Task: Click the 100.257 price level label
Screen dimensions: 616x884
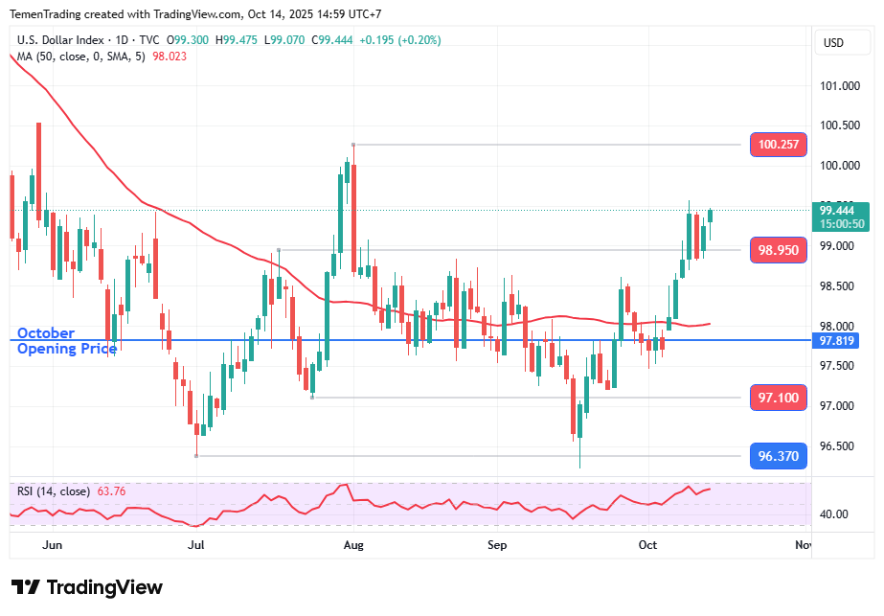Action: coord(779,145)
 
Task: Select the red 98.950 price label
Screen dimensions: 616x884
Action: coord(779,250)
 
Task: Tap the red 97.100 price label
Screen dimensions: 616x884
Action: coord(779,397)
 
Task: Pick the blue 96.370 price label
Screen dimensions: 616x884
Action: coord(779,456)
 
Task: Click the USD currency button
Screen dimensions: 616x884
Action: coord(833,42)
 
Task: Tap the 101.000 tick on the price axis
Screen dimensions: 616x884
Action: coord(839,86)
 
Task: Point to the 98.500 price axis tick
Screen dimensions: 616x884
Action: coord(839,286)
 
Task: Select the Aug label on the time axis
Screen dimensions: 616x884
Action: coord(353,545)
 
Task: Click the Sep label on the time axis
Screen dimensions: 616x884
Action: coord(497,545)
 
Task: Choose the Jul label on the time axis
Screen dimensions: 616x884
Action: coord(196,545)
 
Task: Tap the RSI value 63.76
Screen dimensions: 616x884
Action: coord(109,491)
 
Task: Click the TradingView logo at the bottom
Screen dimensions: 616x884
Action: coord(87,587)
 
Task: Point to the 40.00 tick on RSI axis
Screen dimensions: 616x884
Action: coord(834,514)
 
